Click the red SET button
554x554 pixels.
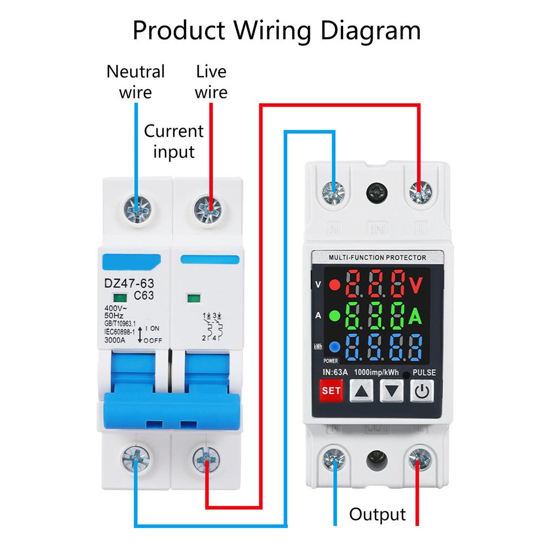coord(331,390)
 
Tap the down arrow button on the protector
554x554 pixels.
coord(392,390)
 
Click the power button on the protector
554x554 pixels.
coord(423,390)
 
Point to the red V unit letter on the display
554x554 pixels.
coord(416,284)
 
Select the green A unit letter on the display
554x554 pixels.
coord(414,316)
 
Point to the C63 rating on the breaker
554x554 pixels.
coord(143,295)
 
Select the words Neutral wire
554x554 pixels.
coord(135,81)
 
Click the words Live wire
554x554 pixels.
coord(211,81)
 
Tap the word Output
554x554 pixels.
coord(377,514)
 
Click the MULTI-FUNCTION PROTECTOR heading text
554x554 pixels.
coord(377,258)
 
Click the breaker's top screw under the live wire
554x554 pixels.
coord(207,207)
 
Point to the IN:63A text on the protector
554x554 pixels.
coord(334,372)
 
